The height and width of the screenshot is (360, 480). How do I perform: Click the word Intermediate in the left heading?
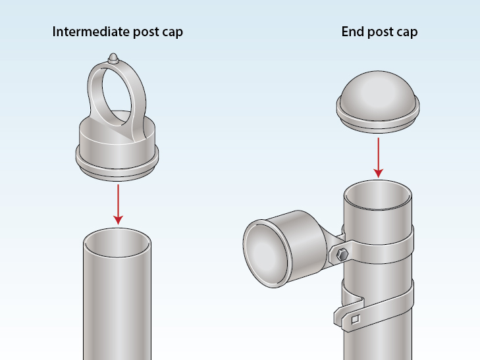tap(88, 32)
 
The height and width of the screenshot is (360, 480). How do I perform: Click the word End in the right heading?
tap(352, 32)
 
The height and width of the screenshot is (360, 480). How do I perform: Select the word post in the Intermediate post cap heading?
tap(141, 32)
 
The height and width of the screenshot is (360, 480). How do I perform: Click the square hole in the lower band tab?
tap(355, 321)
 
